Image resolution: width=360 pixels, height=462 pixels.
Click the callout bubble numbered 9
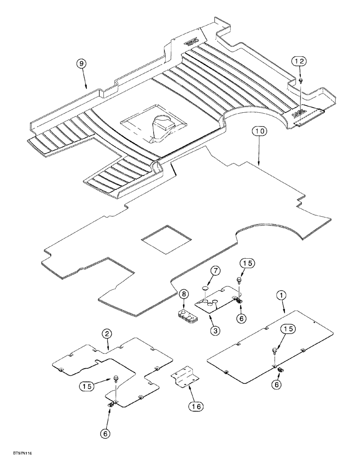pyautogui.click(x=81, y=64)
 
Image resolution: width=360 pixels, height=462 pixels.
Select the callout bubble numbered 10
pyautogui.click(x=259, y=132)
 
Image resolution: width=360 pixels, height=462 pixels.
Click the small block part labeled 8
pyautogui.click(x=187, y=316)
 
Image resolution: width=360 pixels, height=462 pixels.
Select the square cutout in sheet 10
pyautogui.click(x=166, y=237)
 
